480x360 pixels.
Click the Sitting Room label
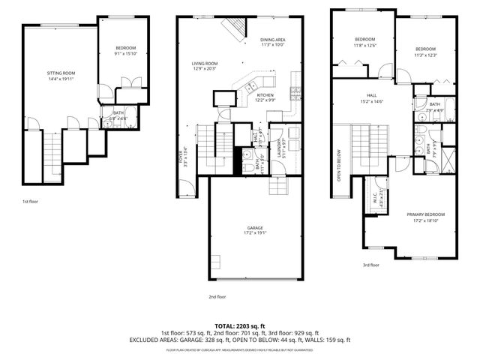[x=61, y=73]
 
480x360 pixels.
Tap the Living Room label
[x=204, y=64]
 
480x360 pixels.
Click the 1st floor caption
[x=31, y=202]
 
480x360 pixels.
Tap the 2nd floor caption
[x=217, y=297]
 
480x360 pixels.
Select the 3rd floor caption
[x=370, y=264]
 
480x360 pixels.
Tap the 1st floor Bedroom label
[x=124, y=49]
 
